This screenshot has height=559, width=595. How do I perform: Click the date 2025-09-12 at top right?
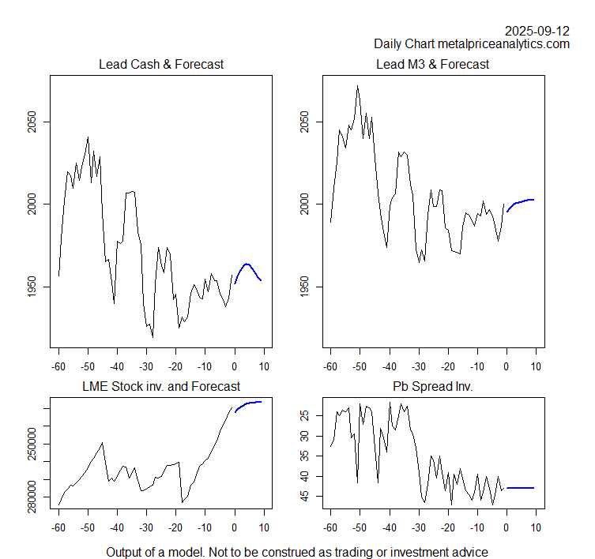point(537,31)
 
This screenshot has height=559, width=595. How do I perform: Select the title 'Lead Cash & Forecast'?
point(160,64)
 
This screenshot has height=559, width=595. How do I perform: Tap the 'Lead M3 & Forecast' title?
point(434,64)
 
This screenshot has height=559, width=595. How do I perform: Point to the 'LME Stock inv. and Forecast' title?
point(160,386)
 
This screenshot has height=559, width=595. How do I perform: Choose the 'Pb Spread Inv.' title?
point(434,386)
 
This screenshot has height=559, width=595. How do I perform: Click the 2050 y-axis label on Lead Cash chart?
point(31,122)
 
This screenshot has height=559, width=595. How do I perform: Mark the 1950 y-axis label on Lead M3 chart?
point(304,287)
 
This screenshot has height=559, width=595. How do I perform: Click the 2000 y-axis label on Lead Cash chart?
point(31,204)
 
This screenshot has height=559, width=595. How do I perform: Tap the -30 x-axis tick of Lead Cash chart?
point(145,366)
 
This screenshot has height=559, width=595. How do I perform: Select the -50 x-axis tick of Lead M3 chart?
point(359,366)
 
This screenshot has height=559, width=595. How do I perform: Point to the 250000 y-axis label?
point(31,444)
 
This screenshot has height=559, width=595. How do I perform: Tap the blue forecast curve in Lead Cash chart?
point(247,264)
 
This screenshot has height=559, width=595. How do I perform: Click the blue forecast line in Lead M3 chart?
point(522,201)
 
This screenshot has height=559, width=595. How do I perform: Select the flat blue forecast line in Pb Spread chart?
point(522,488)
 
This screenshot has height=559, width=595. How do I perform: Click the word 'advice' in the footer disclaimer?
point(469,552)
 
